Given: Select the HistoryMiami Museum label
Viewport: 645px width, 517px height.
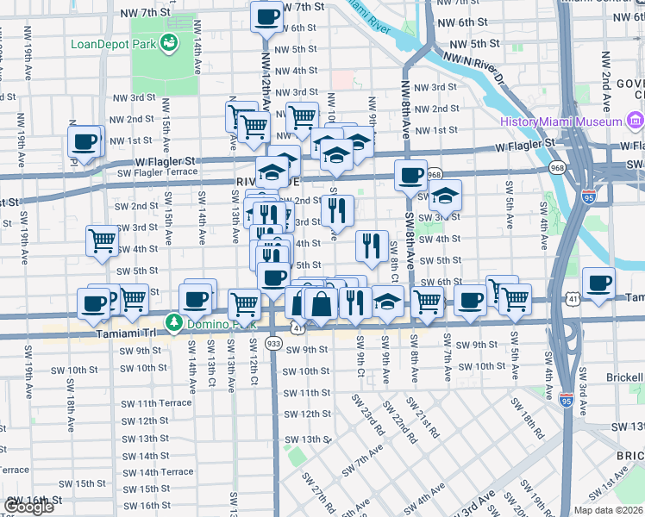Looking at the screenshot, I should tap(560, 121).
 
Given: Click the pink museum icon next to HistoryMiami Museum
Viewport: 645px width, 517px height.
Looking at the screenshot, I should tap(634, 121).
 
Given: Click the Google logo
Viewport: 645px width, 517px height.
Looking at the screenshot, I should tap(28, 507).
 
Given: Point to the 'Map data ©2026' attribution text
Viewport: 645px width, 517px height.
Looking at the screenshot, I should tap(609, 510).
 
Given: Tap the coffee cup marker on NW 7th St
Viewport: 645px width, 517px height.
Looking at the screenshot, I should tap(266, 16).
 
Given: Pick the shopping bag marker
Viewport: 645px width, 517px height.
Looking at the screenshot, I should tap(320, 303).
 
